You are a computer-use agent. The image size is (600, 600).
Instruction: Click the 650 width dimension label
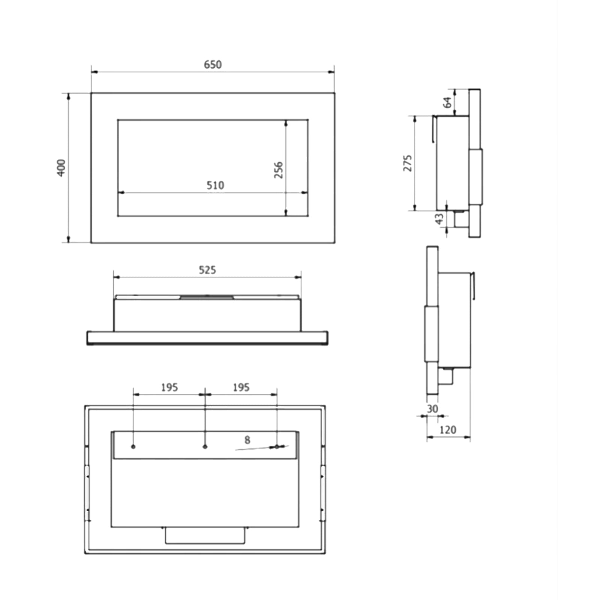pyautogui.click(x=213, y=64)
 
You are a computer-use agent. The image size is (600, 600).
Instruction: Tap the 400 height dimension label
pyautogui.click(x=61, y=168)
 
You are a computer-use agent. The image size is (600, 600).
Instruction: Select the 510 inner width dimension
pyautogui.click(x=215, y=185)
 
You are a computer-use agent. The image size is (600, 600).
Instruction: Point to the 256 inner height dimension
pyautogui.click(x=278, y=170)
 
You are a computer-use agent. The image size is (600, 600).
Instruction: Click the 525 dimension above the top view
pyautogui.click(x=207, y=270)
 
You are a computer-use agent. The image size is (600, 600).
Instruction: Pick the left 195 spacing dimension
pyautogui.click(x=169, y=387)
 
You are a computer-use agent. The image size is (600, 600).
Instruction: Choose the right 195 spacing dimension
pyautogui.click(x=241, y=387)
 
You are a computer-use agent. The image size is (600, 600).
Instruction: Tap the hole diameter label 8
pyautogui.click(x=247, y=440)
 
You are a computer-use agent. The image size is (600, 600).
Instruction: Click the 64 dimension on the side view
pyautogui.click(x=447, y=102)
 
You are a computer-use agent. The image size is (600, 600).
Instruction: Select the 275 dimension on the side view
pyautogui.click(x=408, y=163)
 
